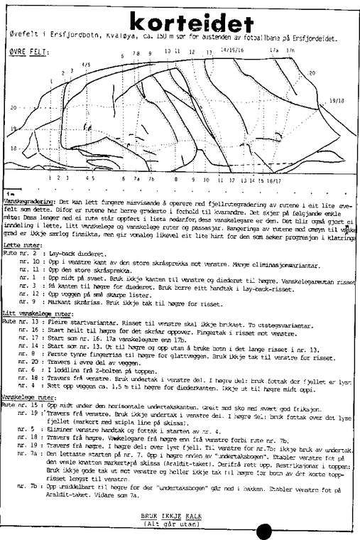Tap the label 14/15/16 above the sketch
pos(231,50)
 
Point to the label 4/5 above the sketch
pos(86,64)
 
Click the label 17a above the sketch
pos(273,51)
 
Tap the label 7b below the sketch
pos(151,180)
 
